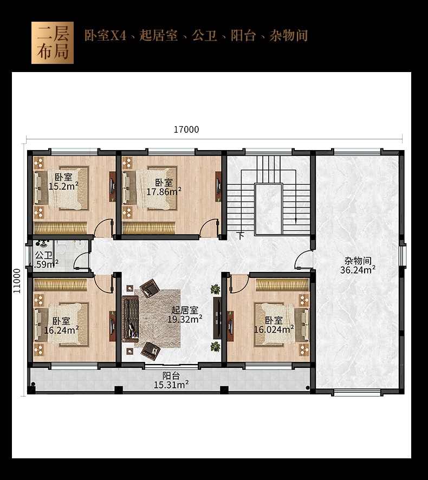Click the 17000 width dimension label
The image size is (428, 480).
[186, 129]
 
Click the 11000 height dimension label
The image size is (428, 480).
[17, 281]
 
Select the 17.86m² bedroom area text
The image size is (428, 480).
[164, 192]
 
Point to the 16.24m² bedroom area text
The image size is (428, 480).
[61, 330]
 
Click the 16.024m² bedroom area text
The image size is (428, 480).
[274, 329]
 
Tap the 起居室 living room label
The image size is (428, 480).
[185, 310]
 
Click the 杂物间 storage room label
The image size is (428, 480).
[358, 261]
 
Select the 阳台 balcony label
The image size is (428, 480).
[171, 375]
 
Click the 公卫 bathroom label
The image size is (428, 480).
[43, 255]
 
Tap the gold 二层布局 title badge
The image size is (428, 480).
[53, 43]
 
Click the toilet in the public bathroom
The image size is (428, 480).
[62, 248]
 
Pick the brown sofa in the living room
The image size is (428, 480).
[131, 319]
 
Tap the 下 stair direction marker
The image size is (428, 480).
[241, 236]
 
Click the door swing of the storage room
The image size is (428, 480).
[302, 260]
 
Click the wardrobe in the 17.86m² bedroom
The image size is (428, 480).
[148, 229]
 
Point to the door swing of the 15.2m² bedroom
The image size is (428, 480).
[103, 229]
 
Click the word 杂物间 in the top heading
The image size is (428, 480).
[288, 36]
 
